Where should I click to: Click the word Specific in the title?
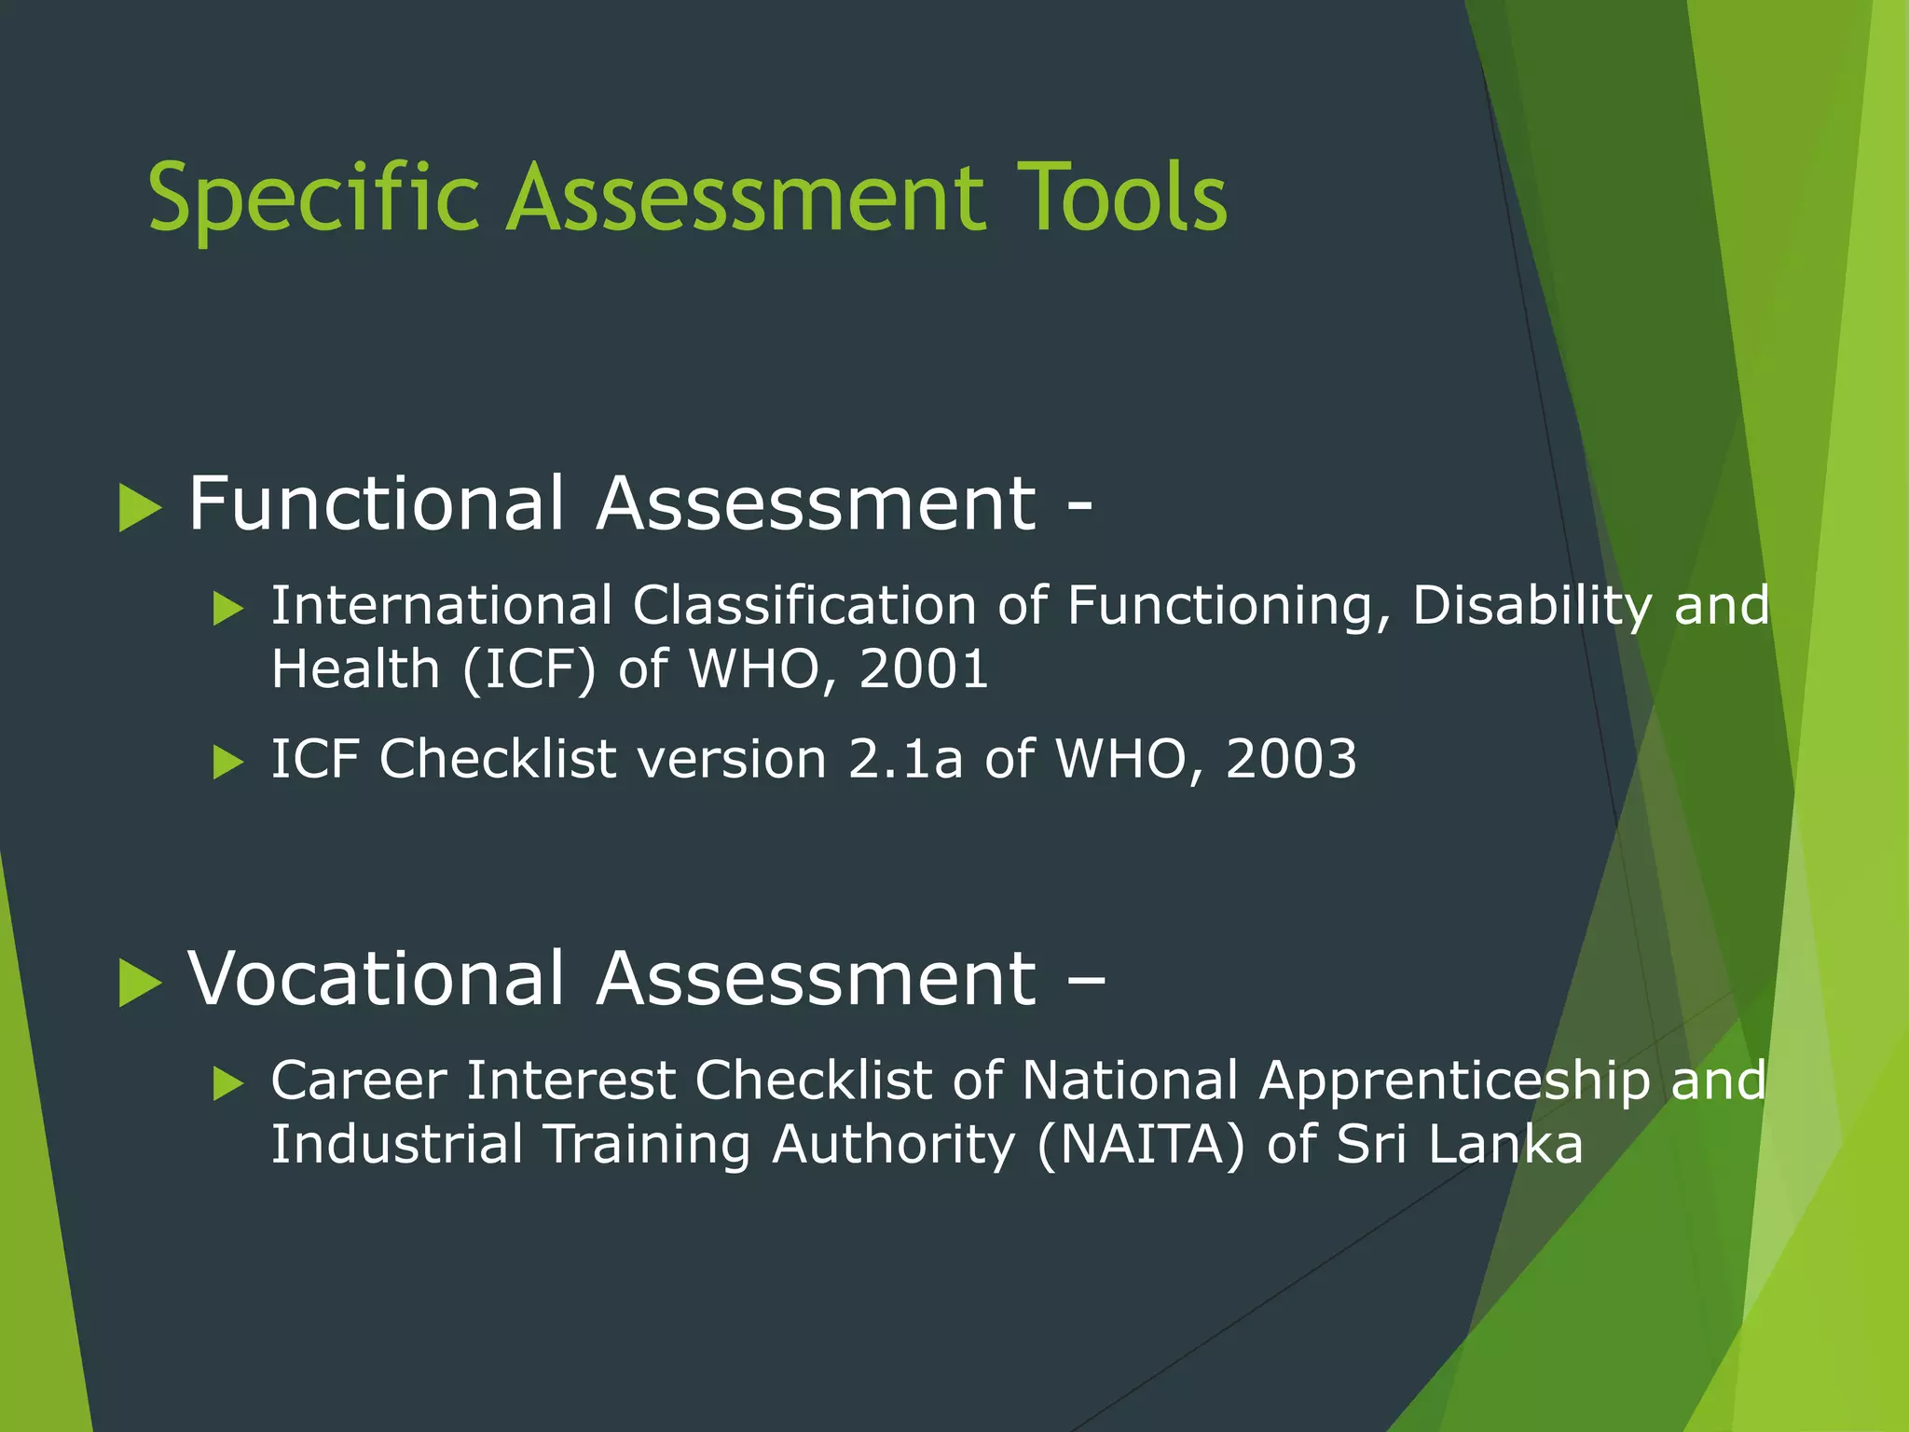[313, 198]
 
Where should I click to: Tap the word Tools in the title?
[1121, 198]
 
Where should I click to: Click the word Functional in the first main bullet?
[376, 503]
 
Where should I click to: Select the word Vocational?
[376, 979]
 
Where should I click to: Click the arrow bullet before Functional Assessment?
[140, 509]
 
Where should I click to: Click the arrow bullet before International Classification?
[227, 610]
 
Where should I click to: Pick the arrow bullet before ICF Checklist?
[227, 763]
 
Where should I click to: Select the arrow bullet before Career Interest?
[227, 1084]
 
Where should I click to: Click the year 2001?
[923, 669]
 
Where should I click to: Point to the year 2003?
[1290, 759]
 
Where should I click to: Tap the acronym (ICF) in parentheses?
[529, 669]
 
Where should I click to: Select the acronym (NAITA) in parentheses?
[1139, 1145]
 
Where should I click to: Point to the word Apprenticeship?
[1454, 1081]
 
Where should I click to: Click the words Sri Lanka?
[1459, 1145]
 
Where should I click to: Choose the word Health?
[355, 669]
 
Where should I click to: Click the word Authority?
[893, 1145]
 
